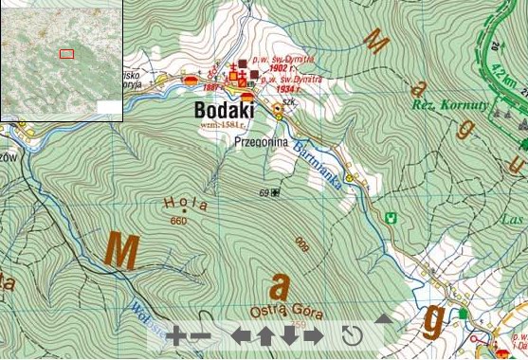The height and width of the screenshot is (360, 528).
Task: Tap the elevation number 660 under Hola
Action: (x=178, y=221)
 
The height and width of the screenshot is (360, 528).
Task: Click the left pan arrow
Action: (x=241, y=335)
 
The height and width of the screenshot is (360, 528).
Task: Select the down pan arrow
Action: (x=289, y=334)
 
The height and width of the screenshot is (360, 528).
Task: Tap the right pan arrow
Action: (x=313, y=335)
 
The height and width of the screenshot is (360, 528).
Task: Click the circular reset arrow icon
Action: (x=353, y=335)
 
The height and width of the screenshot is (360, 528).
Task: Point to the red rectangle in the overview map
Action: (x=66, y=54)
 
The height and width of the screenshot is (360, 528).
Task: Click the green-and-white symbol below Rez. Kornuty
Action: (x=386, y=217)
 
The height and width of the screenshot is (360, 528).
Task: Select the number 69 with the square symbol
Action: (x=269, y=193)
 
